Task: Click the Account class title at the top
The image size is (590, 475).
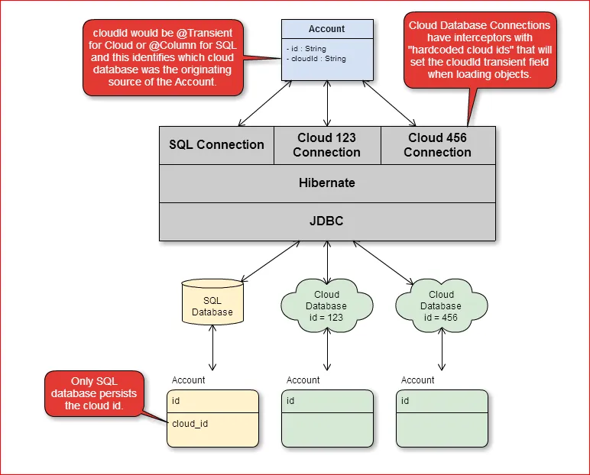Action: coord(326,29)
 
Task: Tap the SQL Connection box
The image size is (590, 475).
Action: coord(216,145)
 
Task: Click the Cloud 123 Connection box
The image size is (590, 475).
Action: coord(326,145)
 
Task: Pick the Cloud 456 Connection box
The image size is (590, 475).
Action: coord(437,145)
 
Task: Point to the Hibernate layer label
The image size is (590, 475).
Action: coord(326,183)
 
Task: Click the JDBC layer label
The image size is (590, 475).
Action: coord(326,221)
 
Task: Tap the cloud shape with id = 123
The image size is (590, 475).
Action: coord(326,305)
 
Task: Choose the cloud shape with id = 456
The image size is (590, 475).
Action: coord(441,305)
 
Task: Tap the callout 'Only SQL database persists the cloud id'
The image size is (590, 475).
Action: coord(93,393)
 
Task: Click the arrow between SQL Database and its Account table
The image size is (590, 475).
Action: coord(212,353)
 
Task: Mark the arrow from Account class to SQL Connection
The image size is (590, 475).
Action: coord(265,103)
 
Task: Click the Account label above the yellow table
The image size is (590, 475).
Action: coord(188,380)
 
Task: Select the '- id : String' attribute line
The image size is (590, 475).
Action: coord(306,49)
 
